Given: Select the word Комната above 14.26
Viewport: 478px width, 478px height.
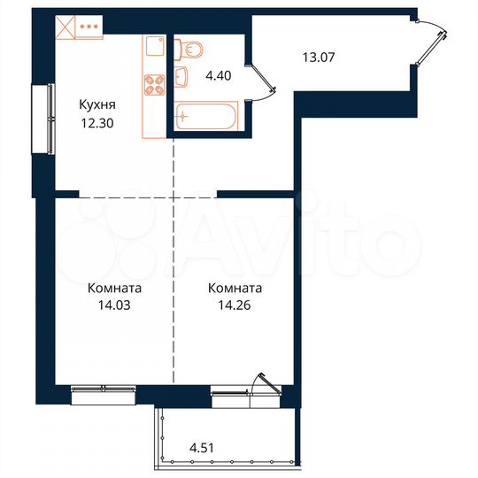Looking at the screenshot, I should click(x=235, y=289).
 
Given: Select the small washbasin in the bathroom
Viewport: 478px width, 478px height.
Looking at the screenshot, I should click(x=182, y=78).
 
